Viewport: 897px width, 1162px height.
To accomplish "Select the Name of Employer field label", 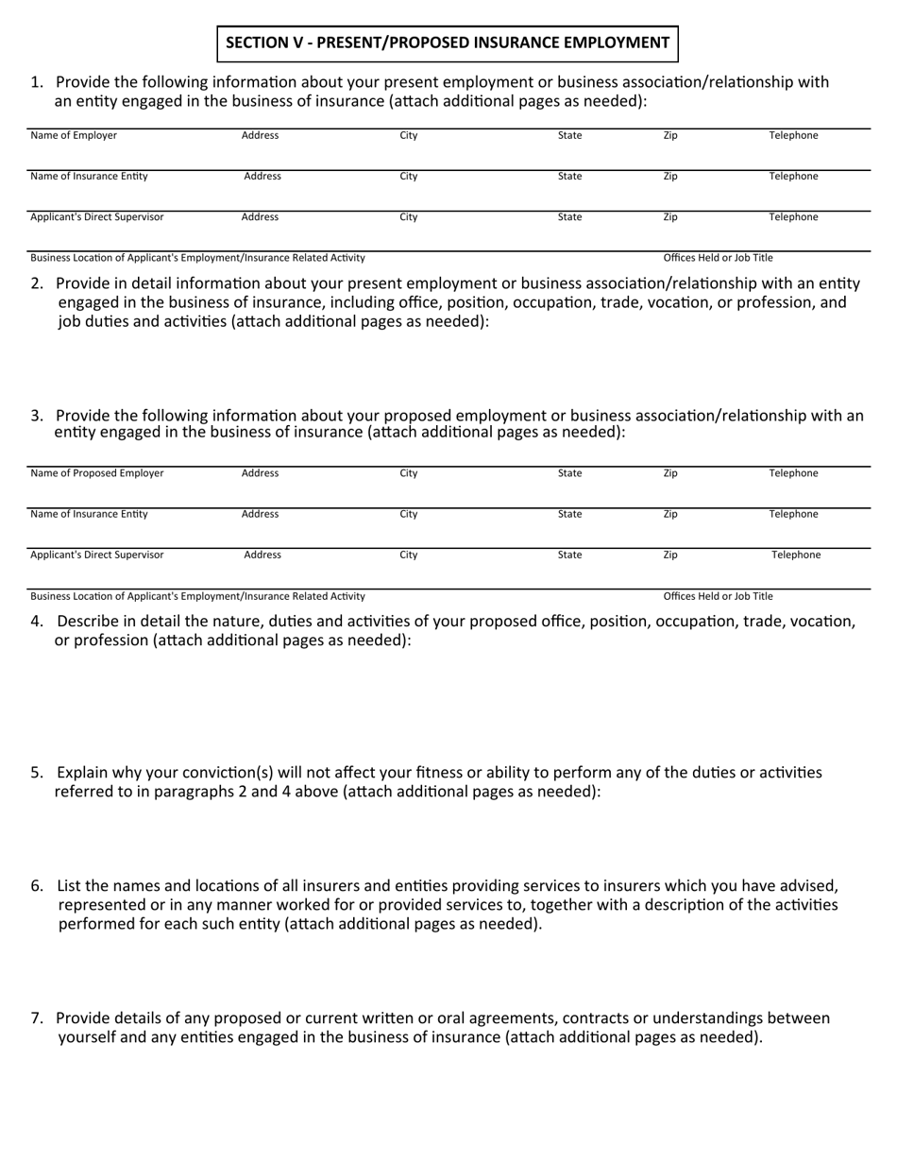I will [x=74, y=135].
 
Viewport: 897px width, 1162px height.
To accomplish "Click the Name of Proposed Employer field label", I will [x=96, y=473].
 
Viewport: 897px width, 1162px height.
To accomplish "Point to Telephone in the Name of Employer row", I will [x=793, y=135].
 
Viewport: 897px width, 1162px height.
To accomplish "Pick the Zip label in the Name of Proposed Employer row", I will [x=670, y=473].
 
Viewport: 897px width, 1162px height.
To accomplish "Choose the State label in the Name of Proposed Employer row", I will [x=569, y=473].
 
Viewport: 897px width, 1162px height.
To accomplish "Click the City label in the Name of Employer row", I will [x=408, y=135].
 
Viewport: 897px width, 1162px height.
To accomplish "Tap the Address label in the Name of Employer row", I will [x=260, y=135].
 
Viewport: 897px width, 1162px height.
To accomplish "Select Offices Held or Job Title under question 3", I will [x=718, y=596].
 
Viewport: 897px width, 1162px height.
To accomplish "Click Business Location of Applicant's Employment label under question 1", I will [x=197, y=258].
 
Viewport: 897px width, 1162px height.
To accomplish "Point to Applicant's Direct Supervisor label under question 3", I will [x=96, y=555].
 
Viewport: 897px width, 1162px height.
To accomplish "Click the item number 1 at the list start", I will [x=36, y=82].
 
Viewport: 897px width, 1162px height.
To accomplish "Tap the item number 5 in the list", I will [x=36, y=773].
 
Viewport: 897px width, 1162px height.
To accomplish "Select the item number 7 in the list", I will [x=36, y=1018].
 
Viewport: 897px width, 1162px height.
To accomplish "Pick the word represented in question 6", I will [x=103, y=905].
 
